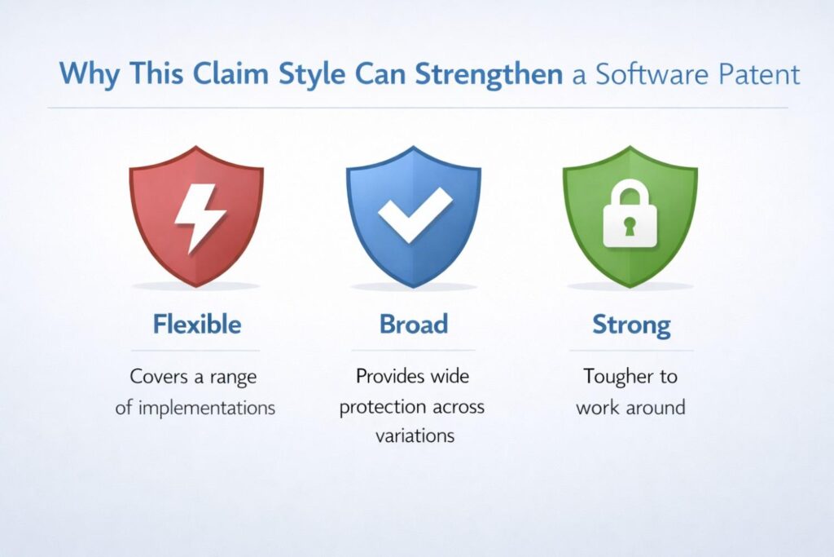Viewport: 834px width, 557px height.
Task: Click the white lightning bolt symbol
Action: tap(196, 216)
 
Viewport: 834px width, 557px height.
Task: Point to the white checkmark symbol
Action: tap(414, 214)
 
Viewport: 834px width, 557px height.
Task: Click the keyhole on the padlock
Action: tap(630, 226)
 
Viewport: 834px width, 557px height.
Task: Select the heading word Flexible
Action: tap(196, 325)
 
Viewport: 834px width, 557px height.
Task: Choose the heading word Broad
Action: tap(414, 325)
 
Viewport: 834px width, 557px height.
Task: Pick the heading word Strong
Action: tap(630, 325)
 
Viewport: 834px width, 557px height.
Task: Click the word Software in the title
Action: tap(641, 74)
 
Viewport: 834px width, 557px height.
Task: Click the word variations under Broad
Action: tap(414, 435)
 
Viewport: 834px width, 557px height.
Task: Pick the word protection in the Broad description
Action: tap(381, 407)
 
